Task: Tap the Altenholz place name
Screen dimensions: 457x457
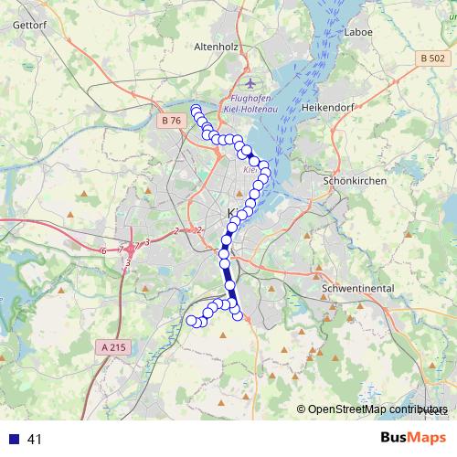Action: [217, 46]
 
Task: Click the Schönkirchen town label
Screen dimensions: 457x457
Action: [355, 181]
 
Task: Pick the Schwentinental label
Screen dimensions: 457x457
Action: [357, 289]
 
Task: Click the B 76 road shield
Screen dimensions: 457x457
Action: [171, 120]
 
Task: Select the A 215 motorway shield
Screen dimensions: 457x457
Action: [113, 346]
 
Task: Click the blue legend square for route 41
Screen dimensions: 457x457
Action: [14, 439]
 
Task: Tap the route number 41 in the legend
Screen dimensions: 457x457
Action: [35, 439]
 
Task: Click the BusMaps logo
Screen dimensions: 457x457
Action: [413, 438]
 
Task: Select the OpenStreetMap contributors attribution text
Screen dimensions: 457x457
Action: [376, 409]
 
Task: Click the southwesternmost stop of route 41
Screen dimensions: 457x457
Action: [192, 320]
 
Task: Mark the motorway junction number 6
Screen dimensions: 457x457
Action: [104, 250]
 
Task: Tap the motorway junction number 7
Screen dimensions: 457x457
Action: [120, 249]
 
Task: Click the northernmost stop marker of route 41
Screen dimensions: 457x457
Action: [195, 109]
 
